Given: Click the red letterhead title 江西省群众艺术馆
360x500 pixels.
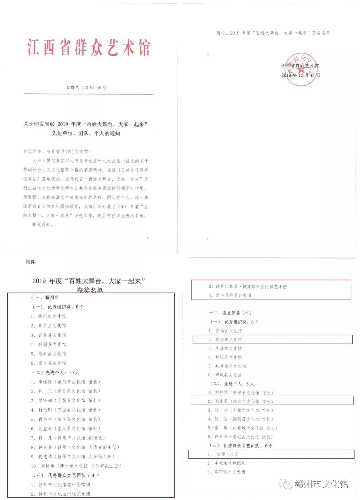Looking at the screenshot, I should [89, 47].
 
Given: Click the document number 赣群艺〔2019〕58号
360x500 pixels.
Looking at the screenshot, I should [86, 88].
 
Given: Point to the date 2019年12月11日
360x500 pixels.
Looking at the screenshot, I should [301, 75].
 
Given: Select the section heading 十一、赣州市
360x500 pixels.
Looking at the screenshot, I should [45, 298].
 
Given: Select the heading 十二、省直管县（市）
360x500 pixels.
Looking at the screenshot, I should [230, 313].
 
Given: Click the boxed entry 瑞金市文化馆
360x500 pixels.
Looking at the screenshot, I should [228, 340].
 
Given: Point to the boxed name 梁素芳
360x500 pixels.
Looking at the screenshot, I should [221, 401].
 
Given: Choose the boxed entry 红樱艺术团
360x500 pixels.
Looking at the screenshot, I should [227, 454].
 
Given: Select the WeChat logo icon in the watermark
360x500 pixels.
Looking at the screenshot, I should [285, 483].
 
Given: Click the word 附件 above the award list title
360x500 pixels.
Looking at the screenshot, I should [30, 262].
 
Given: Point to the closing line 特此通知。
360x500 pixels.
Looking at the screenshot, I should [43, 225].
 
